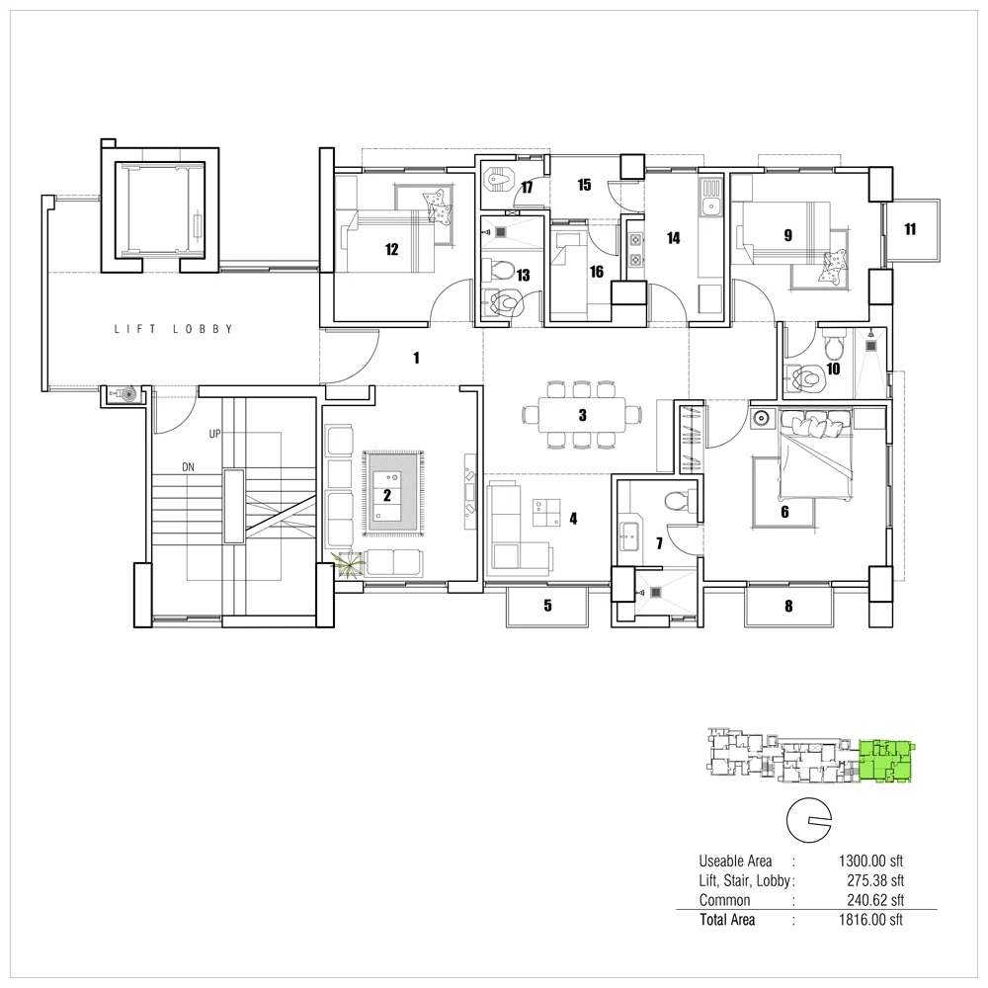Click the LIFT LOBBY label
[x=173, y=329]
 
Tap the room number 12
[x=392, y=250]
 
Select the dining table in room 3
[x=582, y=415]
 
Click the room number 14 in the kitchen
[x=673, y=238]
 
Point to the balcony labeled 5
[x=547, y=607]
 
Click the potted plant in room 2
[x=348, y=563]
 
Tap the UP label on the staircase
[x=214, y=434]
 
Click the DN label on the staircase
[x=188, y=467]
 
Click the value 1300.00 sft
[x=870, y=861]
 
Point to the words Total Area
[x=727, y=920]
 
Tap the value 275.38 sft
[x=875, y=880]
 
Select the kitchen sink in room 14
[x=711, y=198]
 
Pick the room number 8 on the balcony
[x=788, y=607]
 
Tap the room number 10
[x=833, y=369]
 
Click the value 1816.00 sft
[x=870, y=920]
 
